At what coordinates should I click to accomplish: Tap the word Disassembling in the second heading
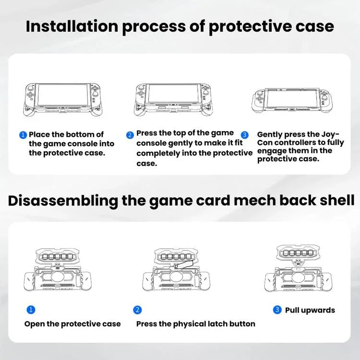(x=62, y=200)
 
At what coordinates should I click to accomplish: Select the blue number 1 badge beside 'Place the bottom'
(x=23, y=135)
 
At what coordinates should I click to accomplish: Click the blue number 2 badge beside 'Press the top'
(x=130, y=135)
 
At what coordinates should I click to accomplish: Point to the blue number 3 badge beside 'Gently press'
(x=244, y=135)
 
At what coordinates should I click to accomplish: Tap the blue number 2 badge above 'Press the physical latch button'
(x=138, y=310)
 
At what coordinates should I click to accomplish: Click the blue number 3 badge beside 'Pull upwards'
(x=277, y=310)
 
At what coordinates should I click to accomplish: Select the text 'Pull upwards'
(x=310, y=310)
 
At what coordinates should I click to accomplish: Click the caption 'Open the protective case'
(x=72, y=324)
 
